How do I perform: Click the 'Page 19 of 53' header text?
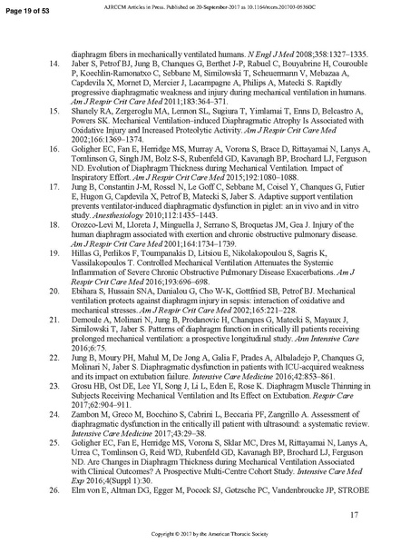pos(28,7)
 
